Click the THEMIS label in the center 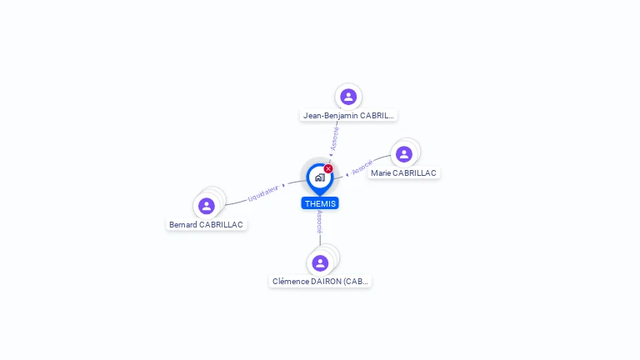pyautogui.click(x=320, y=203)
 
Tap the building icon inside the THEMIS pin pyautogui.click(x=319, y=177)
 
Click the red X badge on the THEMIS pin pyautogui.click(x=328, y=169)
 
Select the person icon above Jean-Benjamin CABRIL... pyautogui.click(x=348, y=97)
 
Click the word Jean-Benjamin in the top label pyautogui.click(x=331, y=116)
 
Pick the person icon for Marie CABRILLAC pyautogui.click(x=404, y=154)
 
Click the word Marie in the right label pyautogui.click(x=381, y=173)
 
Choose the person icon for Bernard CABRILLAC pyautogui.click(x=207, y=206)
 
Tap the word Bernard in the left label pyautogui.click(x=183, y=225)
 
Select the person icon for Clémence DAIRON pyautogui.click(x=320, y=263)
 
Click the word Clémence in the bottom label pyautogui.click(x=291, y=282)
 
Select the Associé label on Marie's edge pyautogui.click(x=362, y=167)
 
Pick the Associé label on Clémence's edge pyautogui.click(x=319, y=222)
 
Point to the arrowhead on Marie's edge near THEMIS pyautogui.click(x=346, y=175)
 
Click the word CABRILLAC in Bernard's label pyautogui.click(x=221, y=225)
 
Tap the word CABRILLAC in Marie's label pyautogui.click(x=415, y=173)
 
